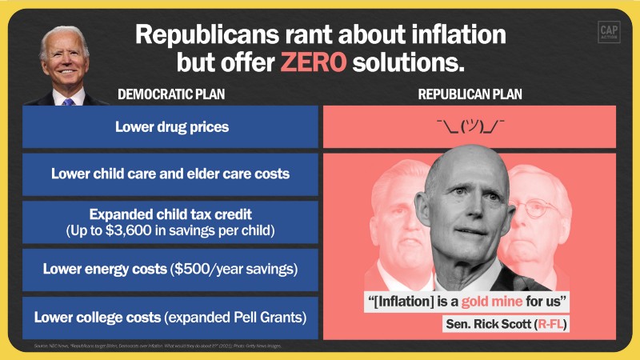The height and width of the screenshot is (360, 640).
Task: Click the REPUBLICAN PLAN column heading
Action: click(x=470, y=94)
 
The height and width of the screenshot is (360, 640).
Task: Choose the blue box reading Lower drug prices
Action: click(x=170, y=126)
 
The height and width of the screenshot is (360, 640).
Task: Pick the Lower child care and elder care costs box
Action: click(x=170, y=173)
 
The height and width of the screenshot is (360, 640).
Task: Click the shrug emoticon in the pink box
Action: click(x=470, y=126)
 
